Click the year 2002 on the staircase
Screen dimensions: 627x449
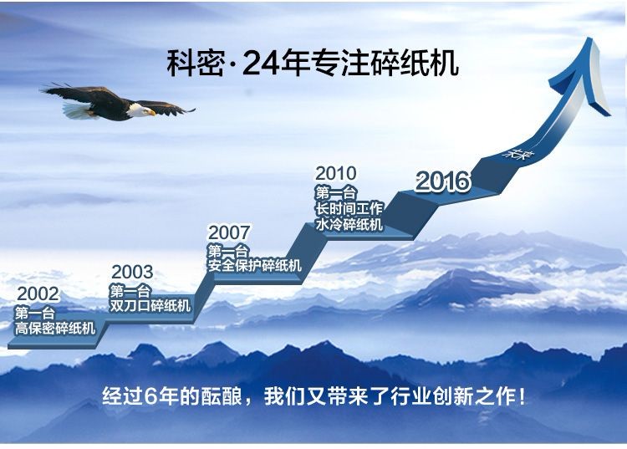point(38,294)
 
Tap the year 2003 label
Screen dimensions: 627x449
point(132,273)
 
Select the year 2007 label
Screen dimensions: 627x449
point(229,232)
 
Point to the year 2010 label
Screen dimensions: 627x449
point(336,174)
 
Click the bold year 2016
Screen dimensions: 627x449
point(442,181)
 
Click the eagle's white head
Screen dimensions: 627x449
point(139,110)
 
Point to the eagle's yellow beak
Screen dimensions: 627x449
point(151,113)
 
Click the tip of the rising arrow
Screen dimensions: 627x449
point(590,38)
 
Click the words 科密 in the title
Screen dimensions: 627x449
point(195,64)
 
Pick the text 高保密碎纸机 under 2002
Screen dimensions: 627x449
point(55,329)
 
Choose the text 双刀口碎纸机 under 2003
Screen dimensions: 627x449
point(150,306)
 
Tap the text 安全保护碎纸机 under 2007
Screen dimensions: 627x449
point(254,265)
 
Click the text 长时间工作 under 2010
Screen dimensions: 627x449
point(349,209)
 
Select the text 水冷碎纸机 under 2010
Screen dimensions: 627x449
point(349,224)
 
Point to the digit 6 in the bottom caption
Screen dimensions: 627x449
point(150,396)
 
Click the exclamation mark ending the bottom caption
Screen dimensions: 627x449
point(522,396)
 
